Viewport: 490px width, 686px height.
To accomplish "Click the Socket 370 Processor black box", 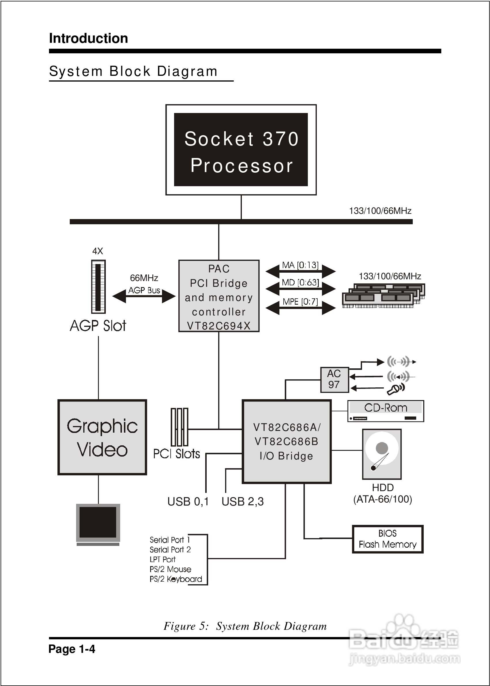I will [241, 150].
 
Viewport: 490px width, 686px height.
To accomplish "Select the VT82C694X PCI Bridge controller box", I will [219, 296].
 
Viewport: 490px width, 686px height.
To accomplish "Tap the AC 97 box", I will [334, 380].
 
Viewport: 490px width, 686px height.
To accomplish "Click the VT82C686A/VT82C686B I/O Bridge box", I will [287, 442].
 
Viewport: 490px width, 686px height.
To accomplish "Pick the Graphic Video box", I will [102, 438].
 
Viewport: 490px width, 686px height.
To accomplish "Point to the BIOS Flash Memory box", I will [388, 539].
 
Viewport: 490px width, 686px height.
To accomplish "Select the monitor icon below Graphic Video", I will [98, 524].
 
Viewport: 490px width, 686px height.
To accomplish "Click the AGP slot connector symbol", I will [98, 287].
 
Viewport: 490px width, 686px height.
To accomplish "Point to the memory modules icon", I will [383, 295].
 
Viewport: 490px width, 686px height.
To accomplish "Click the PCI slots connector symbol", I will [179, 427].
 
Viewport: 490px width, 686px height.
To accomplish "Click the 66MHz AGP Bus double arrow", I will [144, 296].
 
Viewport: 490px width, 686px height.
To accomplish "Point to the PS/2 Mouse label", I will [170, 569].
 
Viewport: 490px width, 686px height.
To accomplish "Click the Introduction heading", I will [88, 38].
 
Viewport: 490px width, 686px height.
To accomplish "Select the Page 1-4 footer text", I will [72, 649].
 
